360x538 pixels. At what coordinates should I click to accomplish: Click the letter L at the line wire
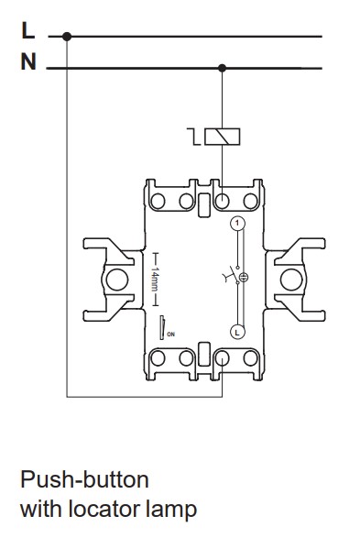pos(28,30)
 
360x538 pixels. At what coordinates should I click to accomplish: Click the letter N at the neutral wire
pos(28,61)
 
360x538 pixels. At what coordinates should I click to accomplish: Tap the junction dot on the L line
pos(67,37)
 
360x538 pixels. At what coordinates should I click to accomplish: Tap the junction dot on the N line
pos(223,68)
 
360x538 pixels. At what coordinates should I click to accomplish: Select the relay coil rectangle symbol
pos(223,137)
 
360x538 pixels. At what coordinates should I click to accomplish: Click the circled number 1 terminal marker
pos(237,224)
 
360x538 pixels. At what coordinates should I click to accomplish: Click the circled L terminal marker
pos(237,332)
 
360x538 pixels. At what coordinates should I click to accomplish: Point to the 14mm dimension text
pos(155,279)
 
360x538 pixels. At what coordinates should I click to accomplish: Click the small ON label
pos(170,335)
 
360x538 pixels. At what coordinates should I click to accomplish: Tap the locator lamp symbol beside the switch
pos(244,277)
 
